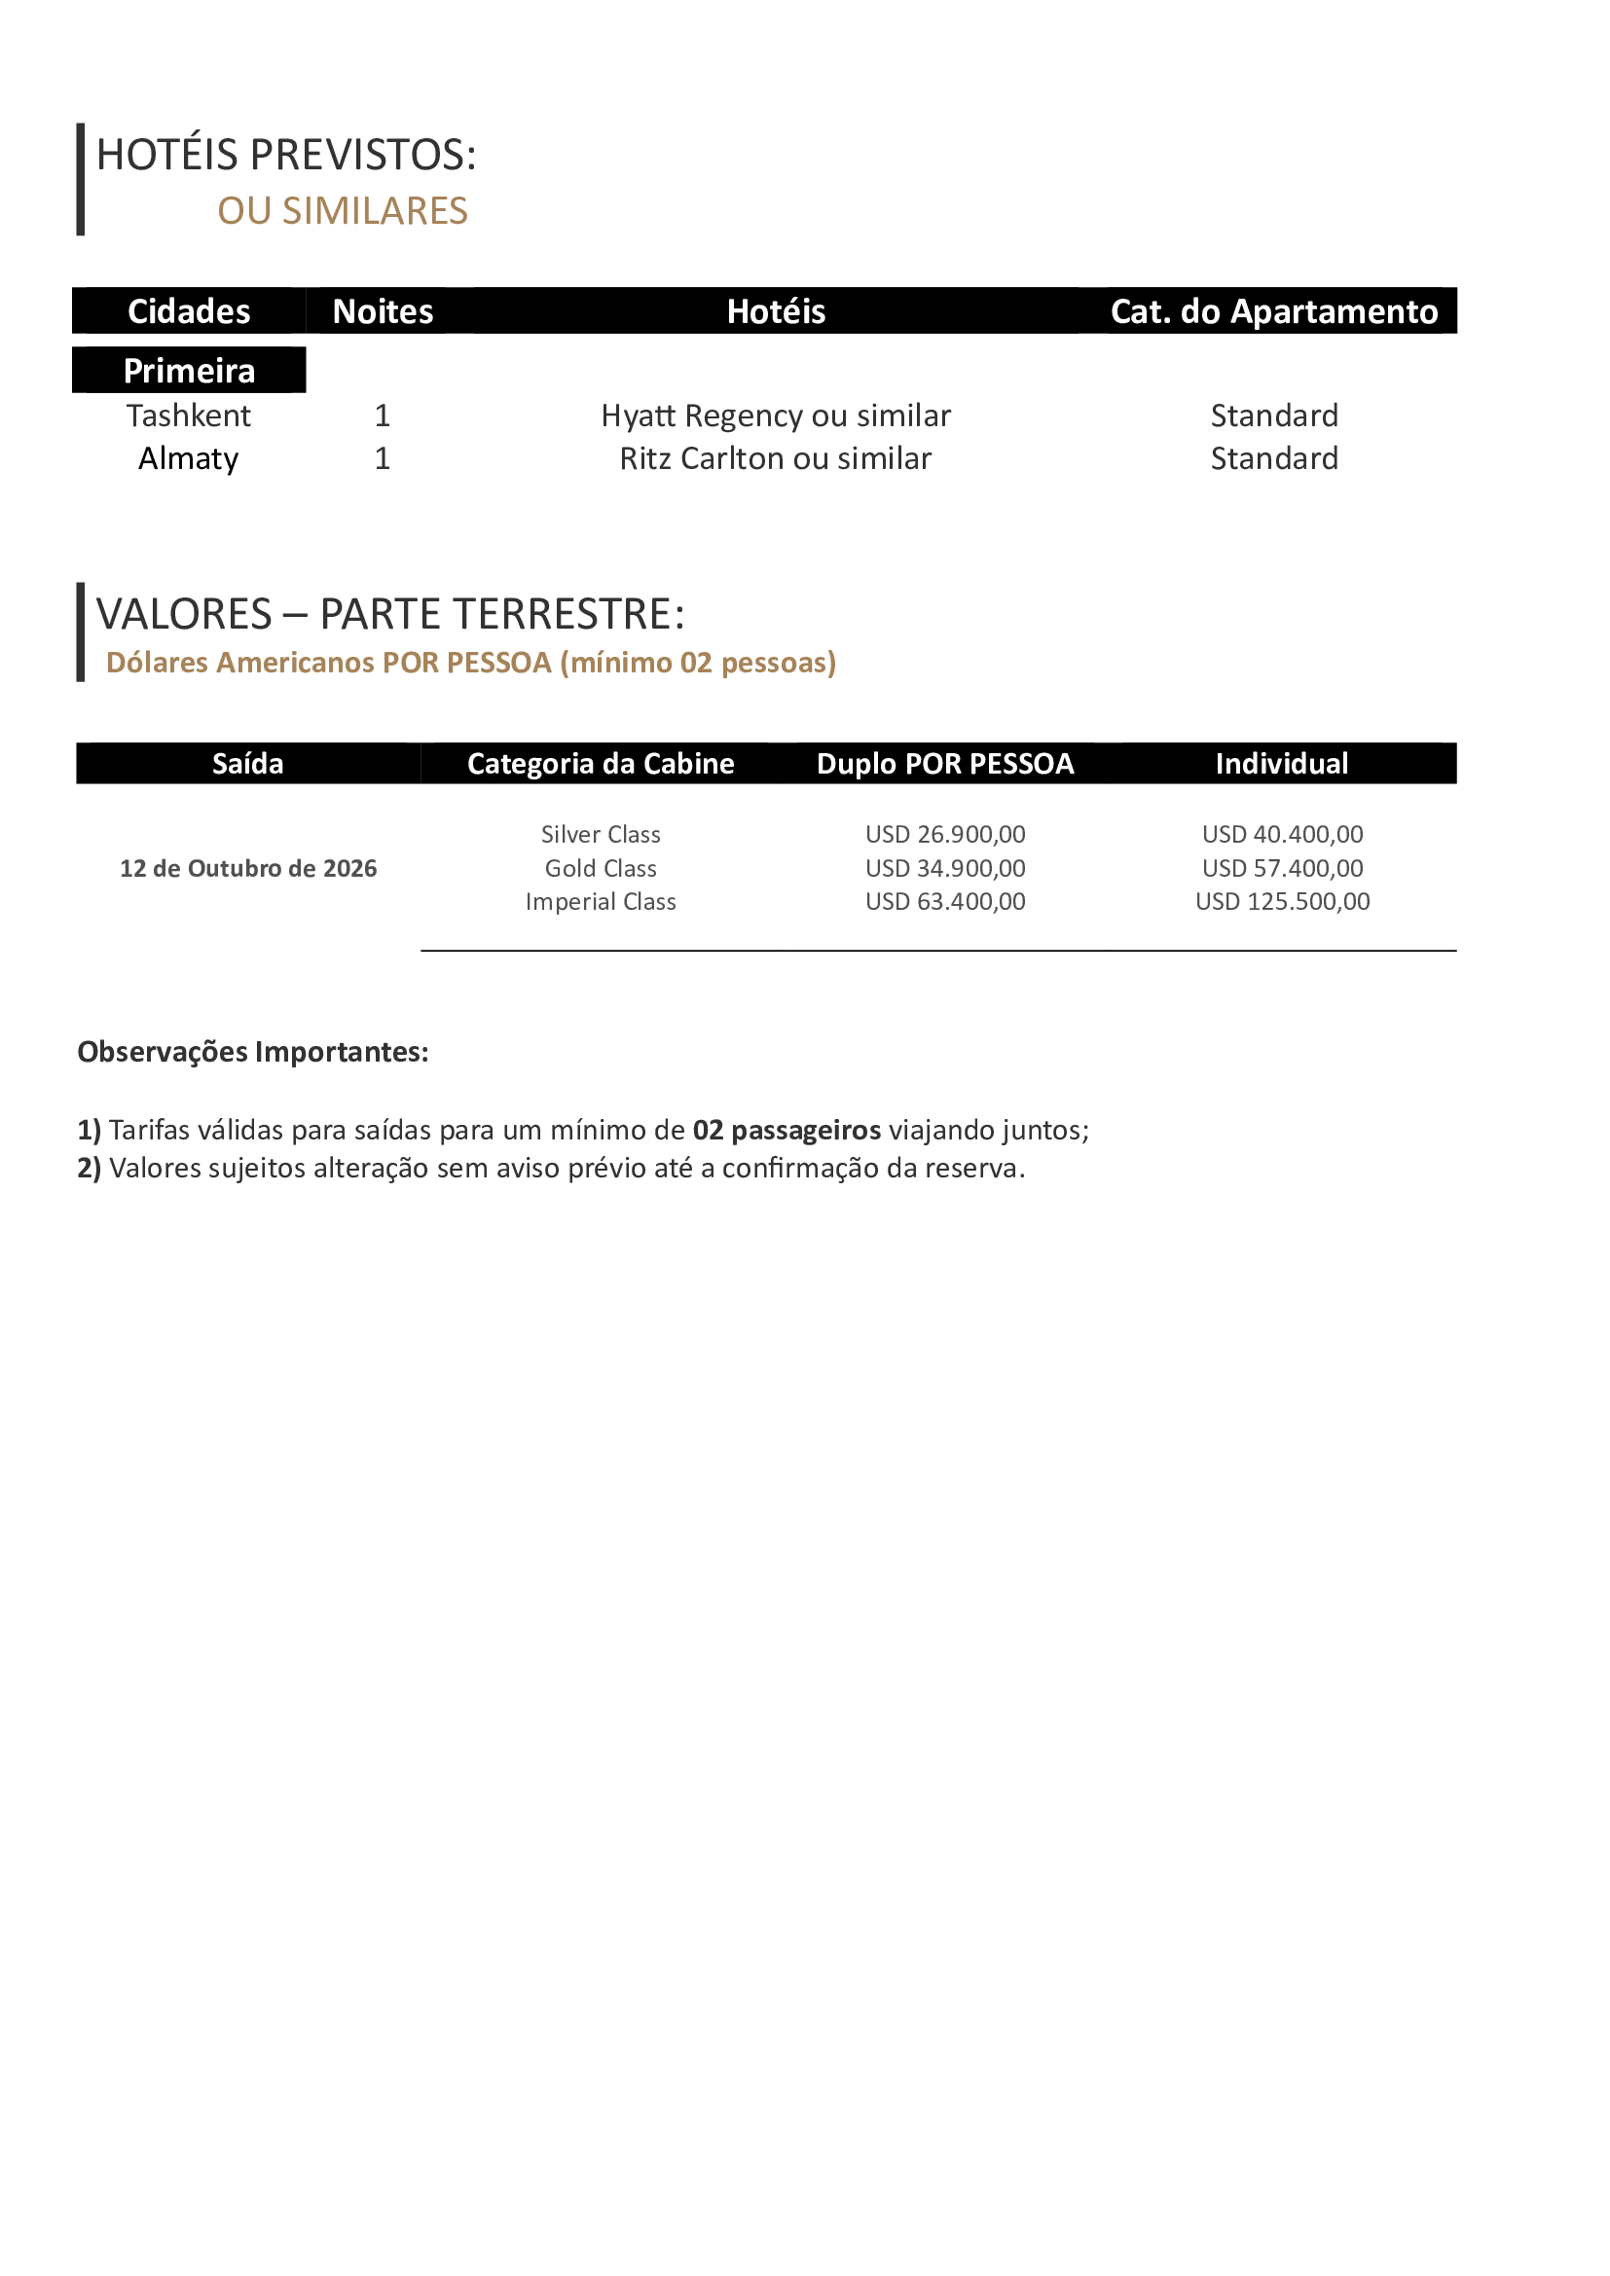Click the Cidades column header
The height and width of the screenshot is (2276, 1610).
(189, 311)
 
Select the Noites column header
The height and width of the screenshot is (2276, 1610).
(383, 311)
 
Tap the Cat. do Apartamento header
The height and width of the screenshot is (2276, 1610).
(1273, 311)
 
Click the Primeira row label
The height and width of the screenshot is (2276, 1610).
(189, 371)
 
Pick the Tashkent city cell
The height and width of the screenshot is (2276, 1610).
(189, 415)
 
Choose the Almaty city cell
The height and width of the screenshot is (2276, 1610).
(189, 458)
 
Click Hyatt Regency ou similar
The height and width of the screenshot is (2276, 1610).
(775, 415)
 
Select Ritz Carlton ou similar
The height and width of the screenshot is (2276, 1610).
(775, 458)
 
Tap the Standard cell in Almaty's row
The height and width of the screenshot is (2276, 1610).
(1274, 458)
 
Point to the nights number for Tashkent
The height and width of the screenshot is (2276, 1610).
(383, 415)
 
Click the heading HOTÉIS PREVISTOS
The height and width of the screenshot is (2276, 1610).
(286, 155)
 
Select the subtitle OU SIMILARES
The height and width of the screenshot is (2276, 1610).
(342, 211)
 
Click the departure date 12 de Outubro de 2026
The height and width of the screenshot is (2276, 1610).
(248, 868)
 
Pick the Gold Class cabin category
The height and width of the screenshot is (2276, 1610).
(601, 868)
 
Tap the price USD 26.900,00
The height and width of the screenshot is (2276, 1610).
(945, 835)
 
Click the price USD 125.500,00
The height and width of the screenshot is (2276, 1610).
(1282, 901)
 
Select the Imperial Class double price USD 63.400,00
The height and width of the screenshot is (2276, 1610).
(945, 901)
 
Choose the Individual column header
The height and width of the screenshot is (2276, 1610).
(1282, 763)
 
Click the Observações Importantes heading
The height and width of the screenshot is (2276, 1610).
(253, 1052)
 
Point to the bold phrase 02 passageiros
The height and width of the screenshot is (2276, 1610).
(787, 1130)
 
